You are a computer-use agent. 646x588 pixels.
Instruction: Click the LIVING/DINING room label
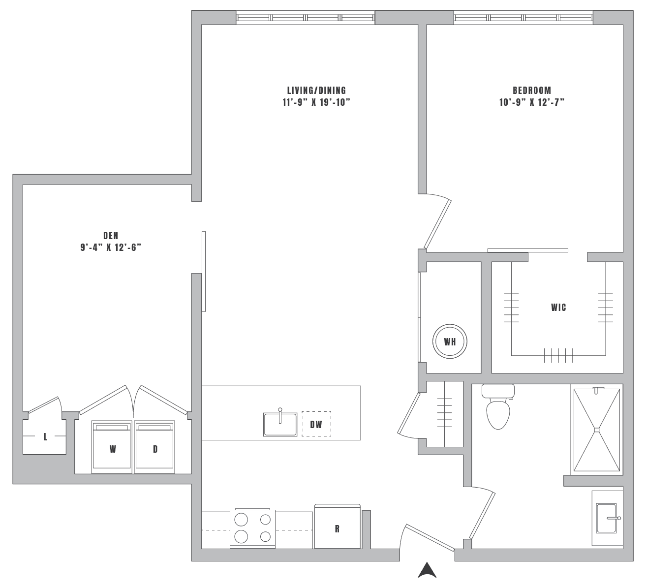(x=316, y=91)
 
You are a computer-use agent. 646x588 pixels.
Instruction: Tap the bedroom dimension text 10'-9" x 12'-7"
(x=531, y=102)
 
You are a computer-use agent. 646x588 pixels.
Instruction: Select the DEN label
(x=111, y=236)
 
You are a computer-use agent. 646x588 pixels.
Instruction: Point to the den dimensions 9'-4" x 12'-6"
(x=111, y=248)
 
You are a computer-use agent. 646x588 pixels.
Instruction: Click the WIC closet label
(x=558, y=308)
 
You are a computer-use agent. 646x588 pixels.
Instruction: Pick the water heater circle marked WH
(x=450, y=341)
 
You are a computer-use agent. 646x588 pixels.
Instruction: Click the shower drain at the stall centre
(x=597, y=430)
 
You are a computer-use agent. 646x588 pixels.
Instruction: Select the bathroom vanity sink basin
(x=607, y=518)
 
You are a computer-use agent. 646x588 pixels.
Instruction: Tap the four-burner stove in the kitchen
(x=252, y=528)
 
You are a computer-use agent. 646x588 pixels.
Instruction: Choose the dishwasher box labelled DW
(x=316, y=424)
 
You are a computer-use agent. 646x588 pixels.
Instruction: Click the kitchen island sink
(x=280, y=424)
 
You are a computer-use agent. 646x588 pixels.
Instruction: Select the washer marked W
(x=112, y=448)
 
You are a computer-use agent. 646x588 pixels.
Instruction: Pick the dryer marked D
(x=154, y=448)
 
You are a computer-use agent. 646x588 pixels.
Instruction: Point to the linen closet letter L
(x=45, y=437)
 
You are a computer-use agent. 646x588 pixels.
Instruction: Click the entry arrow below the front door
(x=427, y=570)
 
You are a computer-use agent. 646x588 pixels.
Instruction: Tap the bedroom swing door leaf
(x=437, y=224)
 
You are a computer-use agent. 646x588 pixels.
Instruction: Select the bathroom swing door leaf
(x=482, y=516)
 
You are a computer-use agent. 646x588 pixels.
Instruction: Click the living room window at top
(x=305, y=18)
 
